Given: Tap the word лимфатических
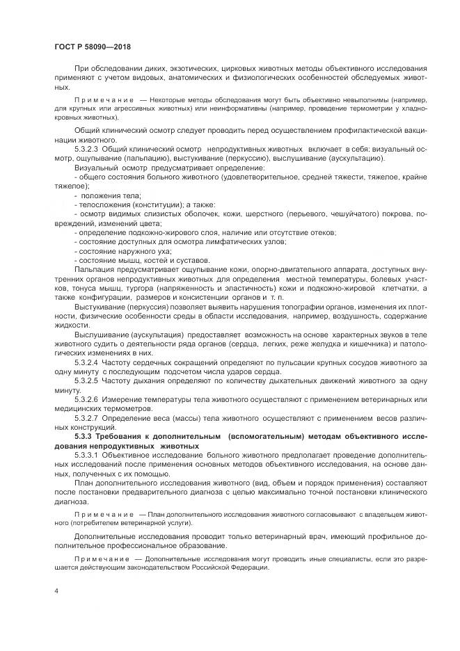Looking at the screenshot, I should click(x=227, y=241).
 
